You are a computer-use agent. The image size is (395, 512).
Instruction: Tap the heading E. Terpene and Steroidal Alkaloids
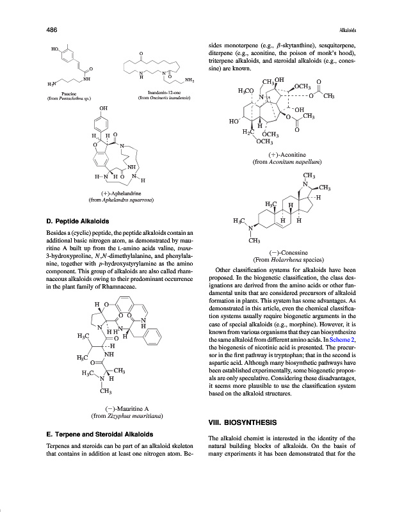point(97,434)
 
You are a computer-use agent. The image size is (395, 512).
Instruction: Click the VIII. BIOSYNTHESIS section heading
point(243,422)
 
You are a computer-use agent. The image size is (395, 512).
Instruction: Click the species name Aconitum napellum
point(291,163)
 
